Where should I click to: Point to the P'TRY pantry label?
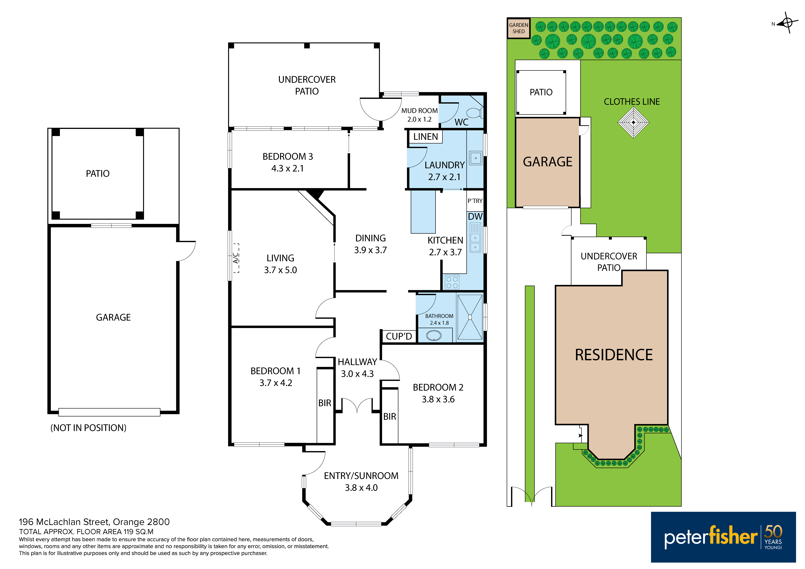point(475,201)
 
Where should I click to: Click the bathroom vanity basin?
point(434,336)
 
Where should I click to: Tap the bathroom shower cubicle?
point(470,317)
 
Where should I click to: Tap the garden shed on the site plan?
point(518,28)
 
